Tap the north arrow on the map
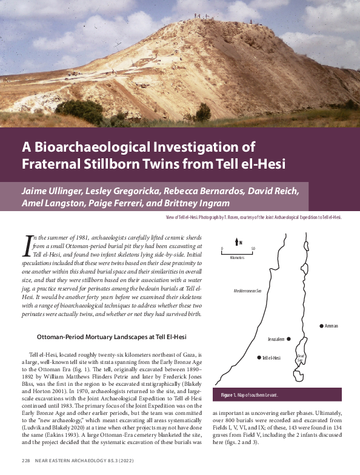pos(236,243)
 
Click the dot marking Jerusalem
pos(289,339)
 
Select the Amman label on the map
pos(331,326)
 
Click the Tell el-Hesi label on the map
pos(271,358)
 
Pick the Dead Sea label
pos(299,359)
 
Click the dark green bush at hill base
pos(79,111)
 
